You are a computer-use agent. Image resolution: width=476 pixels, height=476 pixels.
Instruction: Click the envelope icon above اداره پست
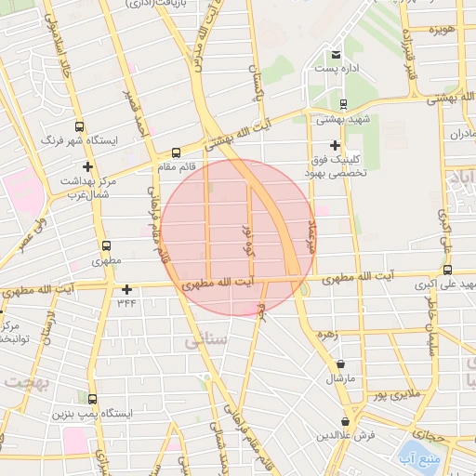[x=336, y=54]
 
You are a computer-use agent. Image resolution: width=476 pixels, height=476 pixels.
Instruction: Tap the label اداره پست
[x=336, y=69]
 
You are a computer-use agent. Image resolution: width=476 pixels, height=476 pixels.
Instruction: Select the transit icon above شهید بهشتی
[x=344, y=103]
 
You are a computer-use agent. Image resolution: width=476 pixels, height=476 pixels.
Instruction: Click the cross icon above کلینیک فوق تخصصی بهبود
[x=336, y=145]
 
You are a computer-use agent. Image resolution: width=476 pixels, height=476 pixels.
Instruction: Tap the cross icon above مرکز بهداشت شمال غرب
[x=86, y=165]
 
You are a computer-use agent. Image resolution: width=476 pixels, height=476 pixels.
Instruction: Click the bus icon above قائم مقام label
[x=176, y=152]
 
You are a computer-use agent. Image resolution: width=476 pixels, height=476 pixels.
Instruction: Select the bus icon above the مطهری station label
[x=106, y=247]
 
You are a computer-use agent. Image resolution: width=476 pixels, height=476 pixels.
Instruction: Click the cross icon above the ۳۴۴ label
[x=126, y=288]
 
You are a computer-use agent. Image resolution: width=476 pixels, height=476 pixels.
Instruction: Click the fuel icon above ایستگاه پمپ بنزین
[x=91, y=398]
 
